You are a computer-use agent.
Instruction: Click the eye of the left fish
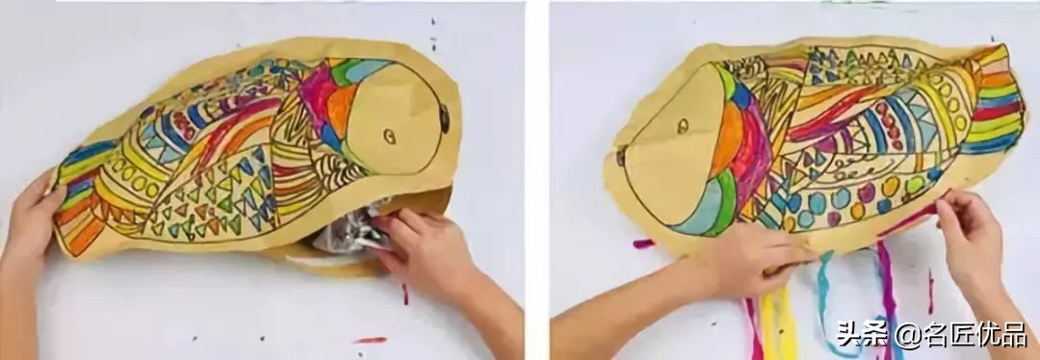coord(390,137)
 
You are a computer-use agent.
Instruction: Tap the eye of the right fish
coord(683,126)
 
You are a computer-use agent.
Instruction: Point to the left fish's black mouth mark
coord(444,118)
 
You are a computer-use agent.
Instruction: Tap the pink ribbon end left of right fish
coord(643,244)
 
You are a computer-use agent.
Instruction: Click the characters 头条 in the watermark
coord(864,334)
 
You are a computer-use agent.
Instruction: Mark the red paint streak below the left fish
coord(371,340)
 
